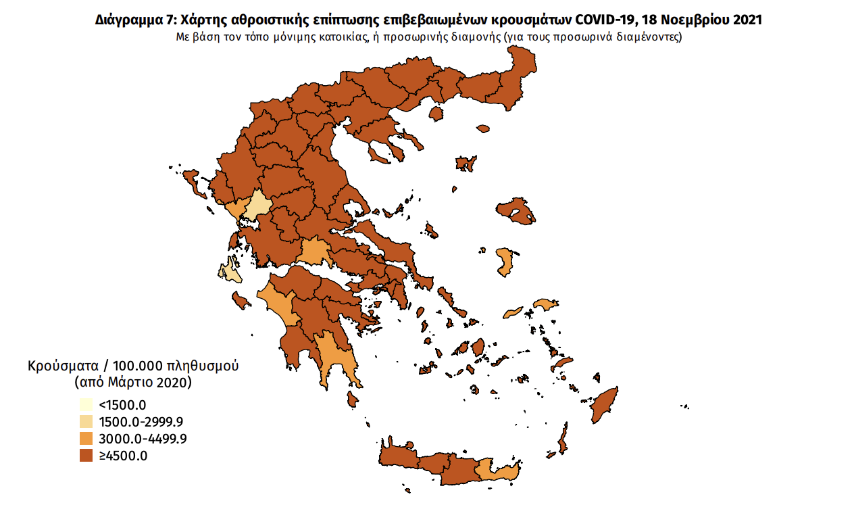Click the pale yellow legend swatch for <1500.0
click(x=86, y=406)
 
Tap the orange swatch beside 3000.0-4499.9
click(x=86, y=439)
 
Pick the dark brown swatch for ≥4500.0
click(x=86, y=456)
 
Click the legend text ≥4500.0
click(x=123, y=456)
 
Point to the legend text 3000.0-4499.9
click(x=143, y=439)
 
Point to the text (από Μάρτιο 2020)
click(x=133, y=382)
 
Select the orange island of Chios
click(x=504, y=262)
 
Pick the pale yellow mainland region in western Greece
click(x=257, y=206)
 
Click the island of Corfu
click(x=191, y=180)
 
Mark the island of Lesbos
click(x=517, y=213)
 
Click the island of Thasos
click(x=436, y=112)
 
